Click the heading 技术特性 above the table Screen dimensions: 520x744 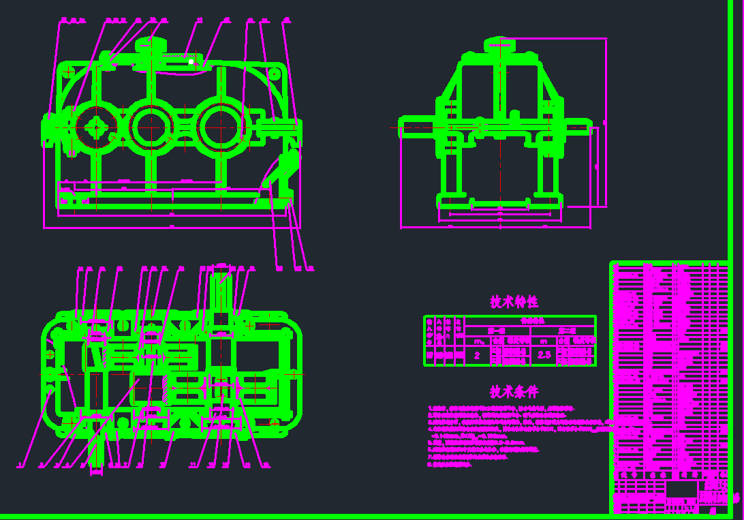point(514,302)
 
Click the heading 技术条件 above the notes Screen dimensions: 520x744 point(514,392)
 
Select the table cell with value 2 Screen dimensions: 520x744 point(477,355)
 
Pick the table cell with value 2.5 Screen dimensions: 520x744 point(544,355)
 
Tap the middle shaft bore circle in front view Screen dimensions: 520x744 point(151,127)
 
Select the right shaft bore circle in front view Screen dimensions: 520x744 point(219,127)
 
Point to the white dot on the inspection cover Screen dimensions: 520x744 point(192,62)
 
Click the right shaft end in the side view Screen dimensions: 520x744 point(579,127)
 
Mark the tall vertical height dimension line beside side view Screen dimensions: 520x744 point(606,123)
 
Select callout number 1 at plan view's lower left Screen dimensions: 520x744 point(21,465)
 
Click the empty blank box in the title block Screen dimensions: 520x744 point(681,490)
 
